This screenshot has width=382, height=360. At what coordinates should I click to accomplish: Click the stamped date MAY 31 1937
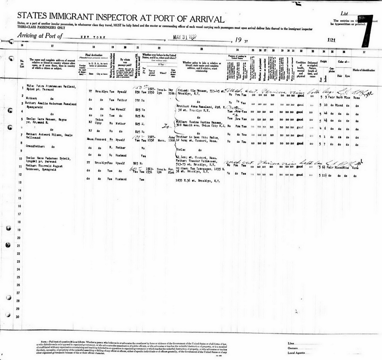pos(185,38)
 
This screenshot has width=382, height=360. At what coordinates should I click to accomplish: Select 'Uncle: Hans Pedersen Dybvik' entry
pos(52,159)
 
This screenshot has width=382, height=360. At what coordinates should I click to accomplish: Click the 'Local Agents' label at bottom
pos(296,353)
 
